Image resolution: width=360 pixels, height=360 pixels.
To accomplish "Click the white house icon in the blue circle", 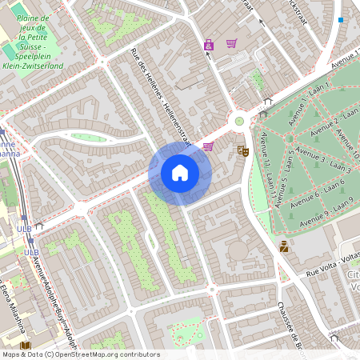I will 180,173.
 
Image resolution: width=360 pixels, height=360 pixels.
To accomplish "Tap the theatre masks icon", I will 244,150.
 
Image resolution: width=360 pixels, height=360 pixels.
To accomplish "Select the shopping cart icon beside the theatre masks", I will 209,146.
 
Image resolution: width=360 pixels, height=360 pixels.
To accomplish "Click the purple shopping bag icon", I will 209,45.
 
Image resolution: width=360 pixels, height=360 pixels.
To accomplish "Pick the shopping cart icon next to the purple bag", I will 231,43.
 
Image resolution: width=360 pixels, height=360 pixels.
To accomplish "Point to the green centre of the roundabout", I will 238,122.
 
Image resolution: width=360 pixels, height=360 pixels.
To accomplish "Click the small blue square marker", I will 341,20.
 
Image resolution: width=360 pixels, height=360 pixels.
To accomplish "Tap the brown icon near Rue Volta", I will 283,247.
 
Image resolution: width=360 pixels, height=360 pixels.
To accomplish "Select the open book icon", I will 26,346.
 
